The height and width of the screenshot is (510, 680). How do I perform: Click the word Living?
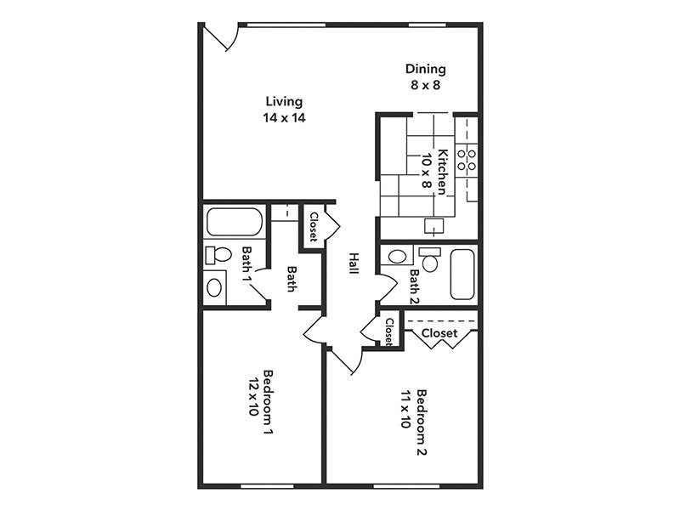pos(284,101)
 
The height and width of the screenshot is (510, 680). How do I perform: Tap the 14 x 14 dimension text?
pos(284,118)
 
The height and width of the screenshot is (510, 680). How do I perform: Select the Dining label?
pos(425,69)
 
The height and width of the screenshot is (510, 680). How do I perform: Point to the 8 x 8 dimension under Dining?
pos(425,85)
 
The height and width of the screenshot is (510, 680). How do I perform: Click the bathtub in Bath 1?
pos(234,223)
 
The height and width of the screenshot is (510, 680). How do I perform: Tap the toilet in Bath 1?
pos(219,254)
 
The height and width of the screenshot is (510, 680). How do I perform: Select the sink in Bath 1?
pos(214,286)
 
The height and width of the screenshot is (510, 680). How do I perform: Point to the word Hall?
pos(351,263)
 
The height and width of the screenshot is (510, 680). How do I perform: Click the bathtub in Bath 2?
pos(463,274)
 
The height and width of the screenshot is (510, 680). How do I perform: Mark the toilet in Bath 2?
pos(428,260)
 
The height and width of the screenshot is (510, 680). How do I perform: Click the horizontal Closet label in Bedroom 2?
pos(439,333)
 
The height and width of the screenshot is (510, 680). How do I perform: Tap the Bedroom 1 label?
pos(268,403)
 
